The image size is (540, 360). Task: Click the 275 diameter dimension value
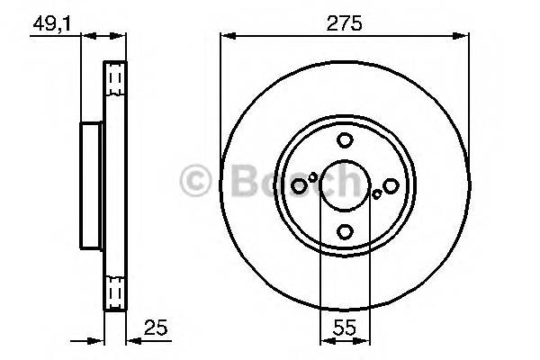(x=345, y=23)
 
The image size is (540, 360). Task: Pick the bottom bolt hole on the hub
(x=345, y=232)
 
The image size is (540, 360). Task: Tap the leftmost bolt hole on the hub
(x=299, y=185)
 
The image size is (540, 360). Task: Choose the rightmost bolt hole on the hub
(x=391, y=185)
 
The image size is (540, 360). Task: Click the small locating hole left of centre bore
(x=313, y=177)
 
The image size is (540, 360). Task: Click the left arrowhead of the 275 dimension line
(x=226, y=37)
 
